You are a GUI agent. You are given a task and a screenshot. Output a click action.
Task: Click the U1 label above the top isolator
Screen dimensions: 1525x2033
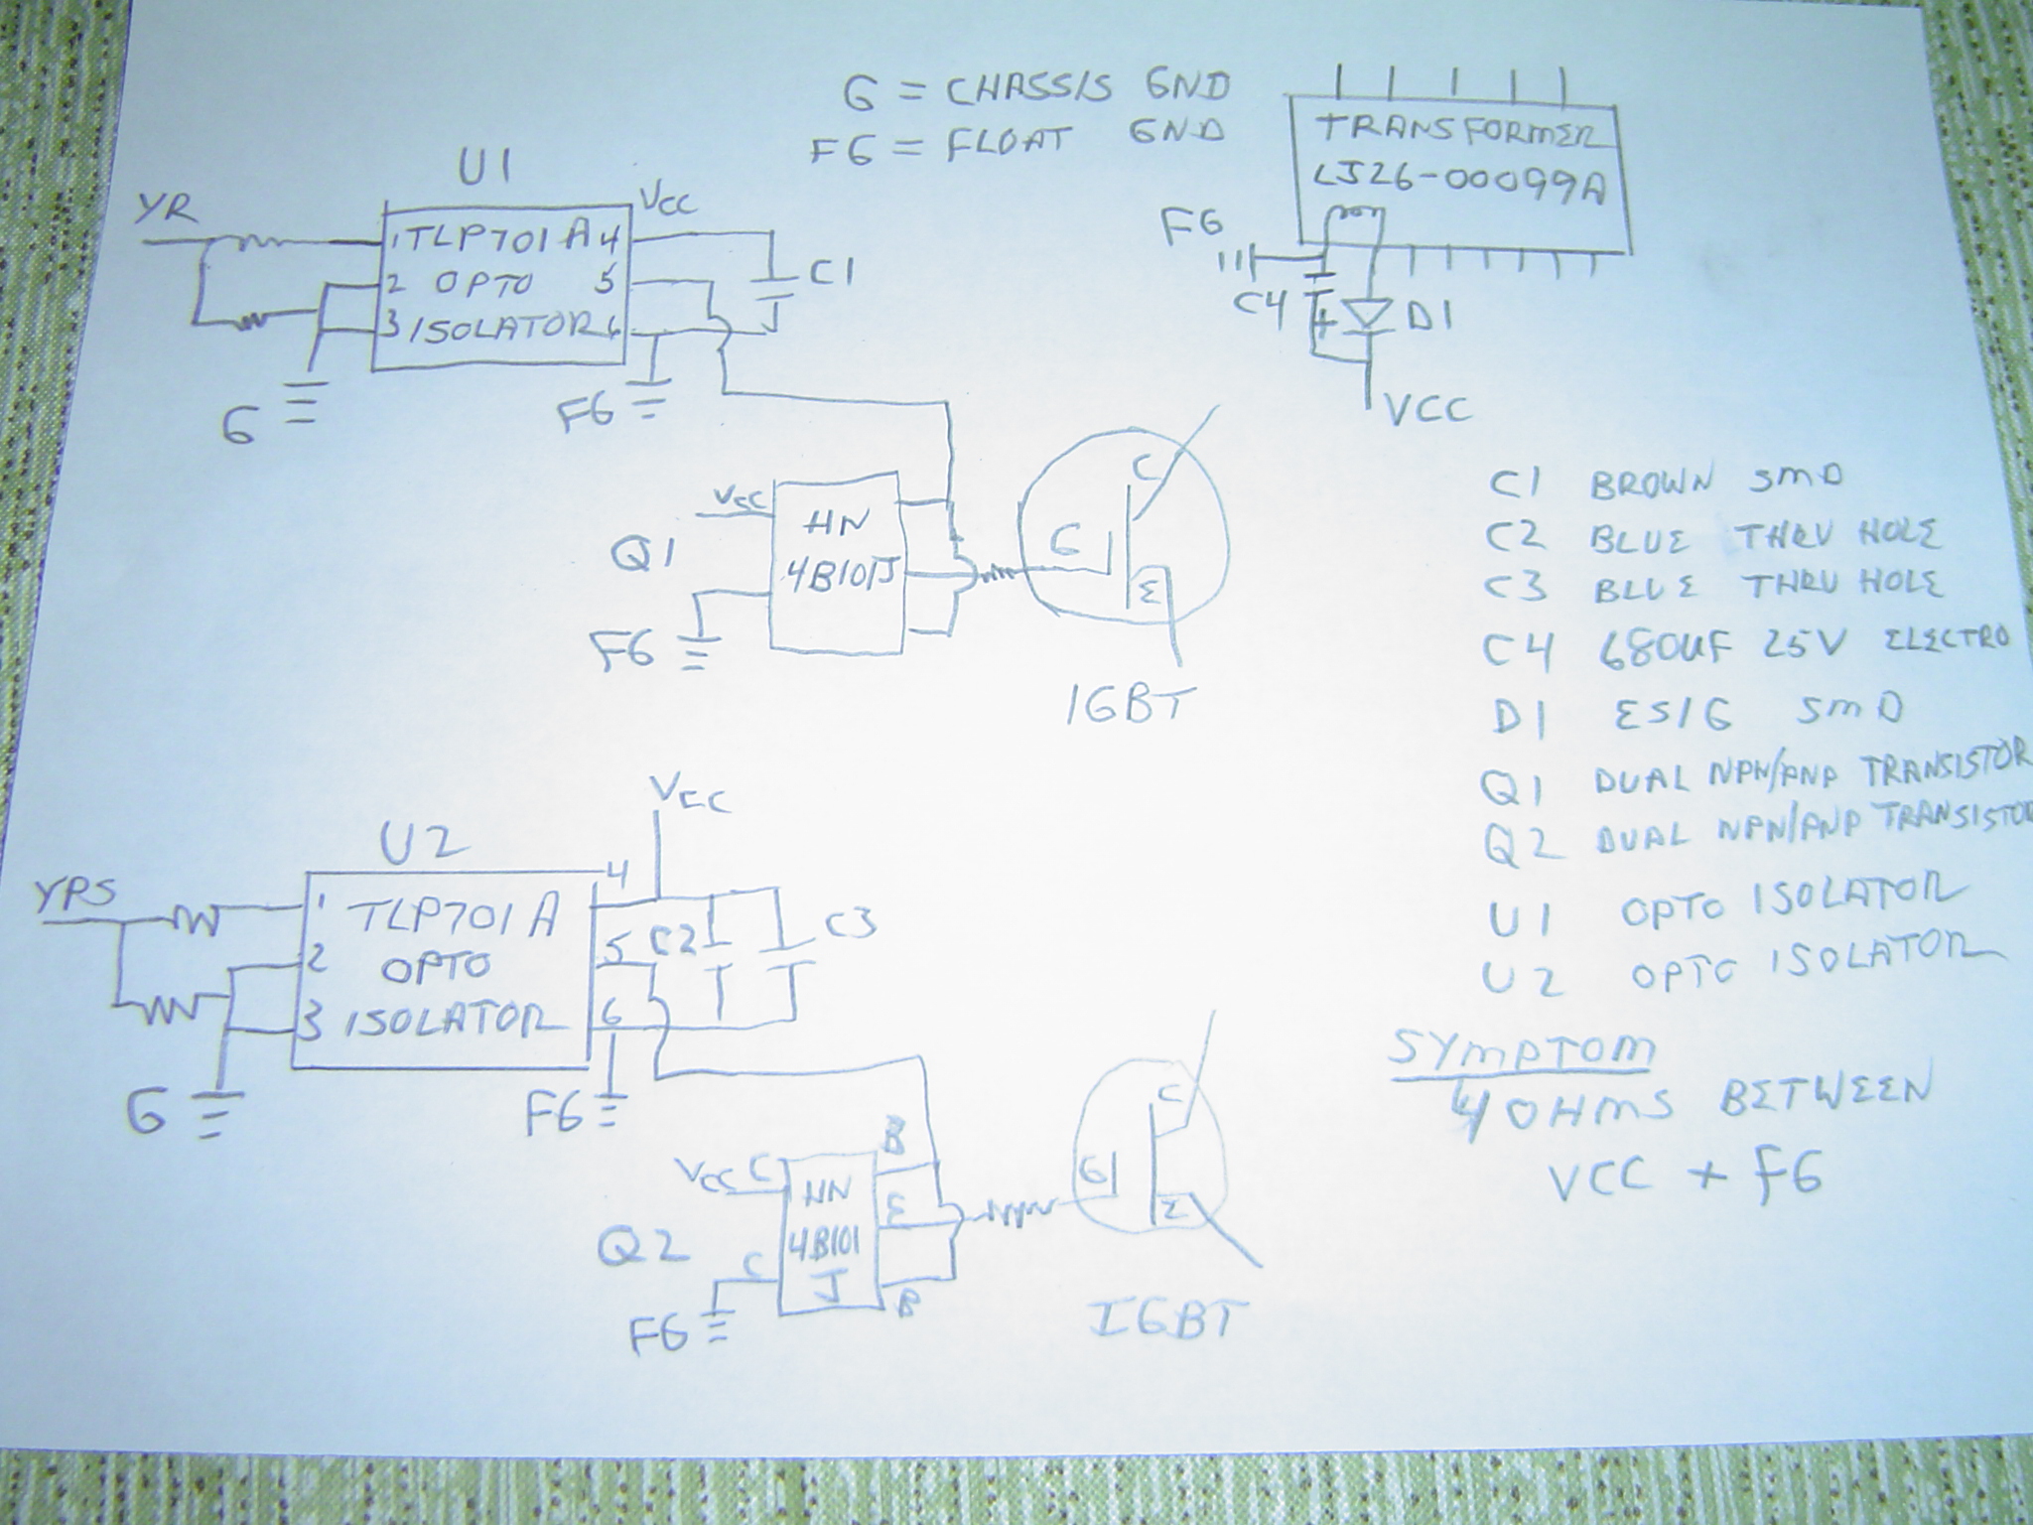click(485, 170)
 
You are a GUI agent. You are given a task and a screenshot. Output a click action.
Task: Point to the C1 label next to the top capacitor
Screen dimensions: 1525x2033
click(834, 272)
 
